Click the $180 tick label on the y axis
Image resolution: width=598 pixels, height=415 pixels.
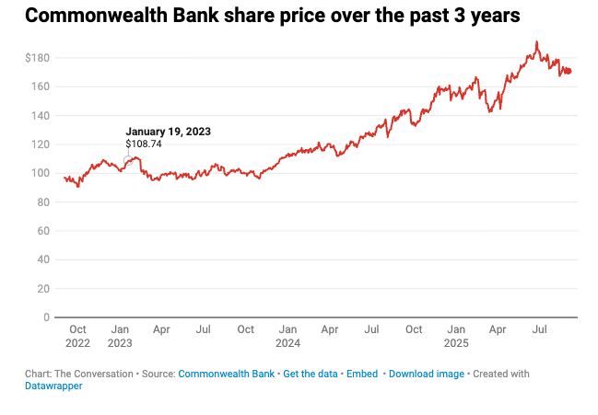pos(37,58)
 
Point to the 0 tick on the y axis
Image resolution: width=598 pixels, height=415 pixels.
pos(45,317)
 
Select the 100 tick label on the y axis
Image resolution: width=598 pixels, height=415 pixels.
pos(41,173)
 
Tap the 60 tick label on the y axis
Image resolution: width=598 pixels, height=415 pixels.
pos(42,231)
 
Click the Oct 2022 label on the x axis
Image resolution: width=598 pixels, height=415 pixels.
pos(77,336)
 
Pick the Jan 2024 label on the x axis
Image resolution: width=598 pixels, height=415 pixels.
pos(287,336)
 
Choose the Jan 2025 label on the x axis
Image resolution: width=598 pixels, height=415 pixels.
pos(455,336)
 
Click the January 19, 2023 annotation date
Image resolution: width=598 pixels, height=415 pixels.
pos(168,132)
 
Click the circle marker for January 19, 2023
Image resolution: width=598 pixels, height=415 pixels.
pos(128,161)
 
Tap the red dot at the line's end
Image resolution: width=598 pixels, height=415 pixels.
pos(569,71)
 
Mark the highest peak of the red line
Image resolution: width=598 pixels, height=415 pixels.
pos(536,41)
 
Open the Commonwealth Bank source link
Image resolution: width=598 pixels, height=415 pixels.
pos(226,374)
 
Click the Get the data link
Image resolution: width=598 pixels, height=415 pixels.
pos(310,374)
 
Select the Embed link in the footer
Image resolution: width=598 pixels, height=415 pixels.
pos(362,374)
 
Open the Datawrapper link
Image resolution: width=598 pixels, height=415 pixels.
pos(53,386)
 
